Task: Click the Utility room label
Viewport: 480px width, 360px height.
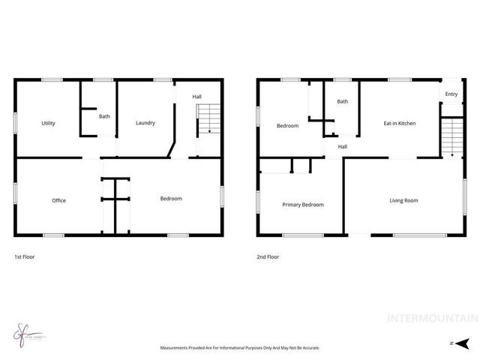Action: pos(48,123)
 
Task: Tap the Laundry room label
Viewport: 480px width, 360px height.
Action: pos(145,123)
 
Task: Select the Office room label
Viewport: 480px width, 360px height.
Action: pos(58,200)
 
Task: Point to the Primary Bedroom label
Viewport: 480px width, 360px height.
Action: pos(303,204)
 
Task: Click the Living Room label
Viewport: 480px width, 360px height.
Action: pos(403,200)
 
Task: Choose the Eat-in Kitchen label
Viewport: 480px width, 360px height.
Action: pos(399,123)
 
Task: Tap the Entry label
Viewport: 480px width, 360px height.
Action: pos(451,94)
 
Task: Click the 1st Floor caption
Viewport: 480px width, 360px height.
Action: pos(24,256)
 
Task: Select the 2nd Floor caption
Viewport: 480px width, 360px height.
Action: pos(268,256)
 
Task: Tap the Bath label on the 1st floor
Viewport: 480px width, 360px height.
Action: pos(104,115)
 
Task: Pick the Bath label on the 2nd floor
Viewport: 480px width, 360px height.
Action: pos(343,101)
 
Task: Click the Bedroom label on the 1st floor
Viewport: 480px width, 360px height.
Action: pos(171,198)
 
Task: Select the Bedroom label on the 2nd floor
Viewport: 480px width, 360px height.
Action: pos(287,125)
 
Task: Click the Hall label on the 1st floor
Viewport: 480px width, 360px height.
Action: pos(196,96)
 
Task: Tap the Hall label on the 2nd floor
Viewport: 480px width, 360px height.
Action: pos(342,146)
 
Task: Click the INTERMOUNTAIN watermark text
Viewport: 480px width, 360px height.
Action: pos(430,319)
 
